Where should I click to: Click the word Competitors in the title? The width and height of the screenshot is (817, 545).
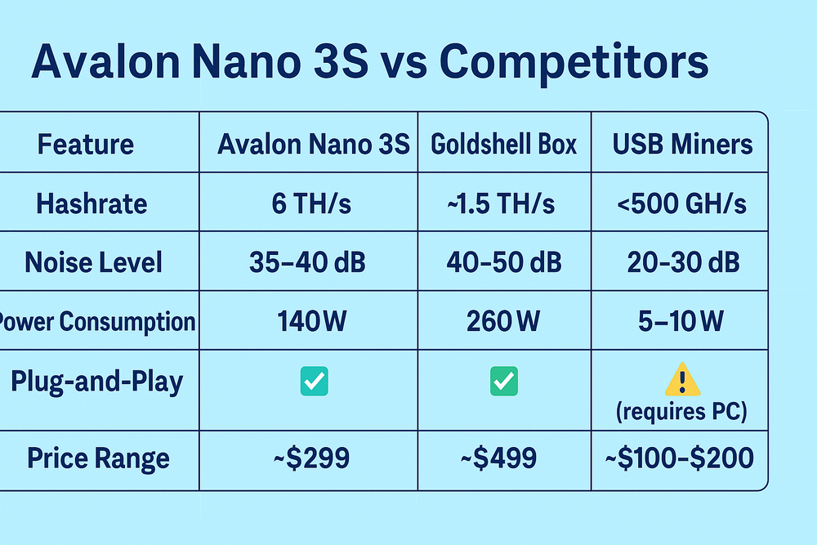(x=574, y=64)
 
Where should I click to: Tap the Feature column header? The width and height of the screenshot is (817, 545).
(x=86, y=144)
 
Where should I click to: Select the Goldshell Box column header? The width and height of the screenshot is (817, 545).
(x=504, y=144)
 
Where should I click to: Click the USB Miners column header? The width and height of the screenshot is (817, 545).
(x=682, y=144)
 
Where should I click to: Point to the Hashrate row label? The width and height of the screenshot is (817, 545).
(x=92, y=203)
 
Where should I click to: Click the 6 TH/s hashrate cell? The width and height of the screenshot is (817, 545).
(x=311, y=203)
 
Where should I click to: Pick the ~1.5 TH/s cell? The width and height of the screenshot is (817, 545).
(x=502, y=203)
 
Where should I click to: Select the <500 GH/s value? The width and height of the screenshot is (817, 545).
(x=681, y=203)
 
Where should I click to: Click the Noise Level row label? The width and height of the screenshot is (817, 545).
(x=94, y=262)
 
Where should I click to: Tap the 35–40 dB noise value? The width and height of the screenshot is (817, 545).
(x=307, y=262)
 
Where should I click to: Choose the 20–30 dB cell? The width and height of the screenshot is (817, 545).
(x=683, y=262)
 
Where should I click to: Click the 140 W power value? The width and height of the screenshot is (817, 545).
(x=311, y=321)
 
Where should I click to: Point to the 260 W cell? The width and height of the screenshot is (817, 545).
(x=503, y=321)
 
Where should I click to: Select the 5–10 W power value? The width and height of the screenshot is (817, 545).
(x=681, y=321)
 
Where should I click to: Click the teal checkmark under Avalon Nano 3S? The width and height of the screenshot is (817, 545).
(x=315, y=382)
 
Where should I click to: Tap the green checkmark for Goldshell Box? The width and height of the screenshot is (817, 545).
(x=504, y=382)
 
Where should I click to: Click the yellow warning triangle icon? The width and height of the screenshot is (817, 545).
(x=682, y=380)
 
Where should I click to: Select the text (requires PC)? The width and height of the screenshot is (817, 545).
(x=681, y=412)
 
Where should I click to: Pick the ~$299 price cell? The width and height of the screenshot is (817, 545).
(x=311, y=458)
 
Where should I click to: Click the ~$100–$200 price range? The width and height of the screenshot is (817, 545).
(x=680, y=458)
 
